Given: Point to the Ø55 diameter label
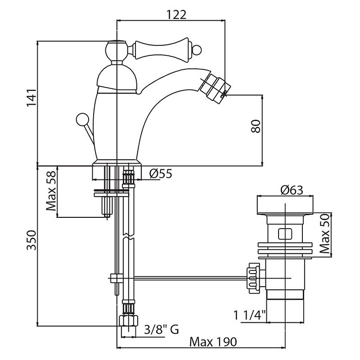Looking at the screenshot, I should tap(160, 174).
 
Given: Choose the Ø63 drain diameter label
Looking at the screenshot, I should tap(291, 190).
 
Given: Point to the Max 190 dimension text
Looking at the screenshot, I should tap(212, 342).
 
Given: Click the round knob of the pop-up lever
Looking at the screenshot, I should tap(82, 121).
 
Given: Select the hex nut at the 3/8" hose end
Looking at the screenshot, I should tap(129, 321).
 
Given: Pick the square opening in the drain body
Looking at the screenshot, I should tap(284, 234).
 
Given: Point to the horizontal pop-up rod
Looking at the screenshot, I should tap(180, 279).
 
